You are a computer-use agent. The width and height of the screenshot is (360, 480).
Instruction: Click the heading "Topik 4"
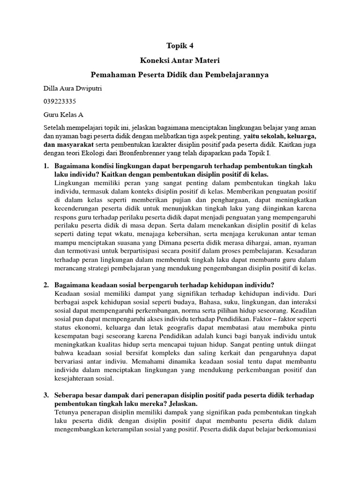click(x=180, y=46)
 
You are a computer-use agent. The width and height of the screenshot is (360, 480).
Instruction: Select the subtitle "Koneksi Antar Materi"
click(x=180, y=60)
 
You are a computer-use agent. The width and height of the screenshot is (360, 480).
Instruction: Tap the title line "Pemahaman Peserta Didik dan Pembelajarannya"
click(x=180, y=75)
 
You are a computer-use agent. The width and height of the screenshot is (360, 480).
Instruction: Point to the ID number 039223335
click(x=60, y=101)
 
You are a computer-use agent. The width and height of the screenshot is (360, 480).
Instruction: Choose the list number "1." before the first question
click(x=46, y=166)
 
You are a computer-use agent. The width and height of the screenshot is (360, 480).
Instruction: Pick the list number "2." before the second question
click(x=46, y=285)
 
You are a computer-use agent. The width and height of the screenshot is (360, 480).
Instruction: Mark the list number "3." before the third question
click(x=46, y=395)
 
